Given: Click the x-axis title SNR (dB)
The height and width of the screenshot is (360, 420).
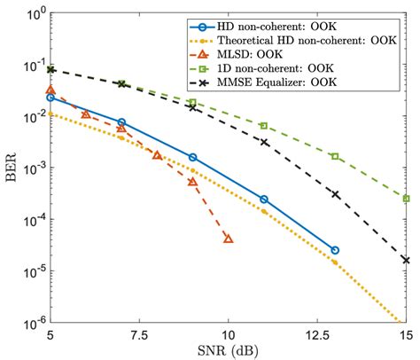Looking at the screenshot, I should pos(227,350).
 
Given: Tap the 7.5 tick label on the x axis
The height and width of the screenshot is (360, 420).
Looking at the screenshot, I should pos(139,336).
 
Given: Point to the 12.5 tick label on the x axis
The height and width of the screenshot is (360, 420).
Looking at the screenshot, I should pos(316,336).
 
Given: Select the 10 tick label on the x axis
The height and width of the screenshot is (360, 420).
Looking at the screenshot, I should pos(228,336).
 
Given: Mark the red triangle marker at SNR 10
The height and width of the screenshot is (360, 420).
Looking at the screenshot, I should pos(228,239).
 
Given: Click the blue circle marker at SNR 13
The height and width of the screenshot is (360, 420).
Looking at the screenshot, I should pos(334,250).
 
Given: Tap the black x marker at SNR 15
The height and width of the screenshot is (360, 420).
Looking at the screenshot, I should pos(405,260).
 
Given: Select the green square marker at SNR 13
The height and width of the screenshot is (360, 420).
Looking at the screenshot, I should pos(334,156).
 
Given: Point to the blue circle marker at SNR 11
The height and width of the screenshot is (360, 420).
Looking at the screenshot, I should pos(263,200).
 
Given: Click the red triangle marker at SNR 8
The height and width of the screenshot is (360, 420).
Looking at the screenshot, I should pos(157,155).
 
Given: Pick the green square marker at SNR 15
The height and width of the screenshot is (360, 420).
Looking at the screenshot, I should pos(405,199).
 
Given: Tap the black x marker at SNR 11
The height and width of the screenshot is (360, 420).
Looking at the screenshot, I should pos(263,142).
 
